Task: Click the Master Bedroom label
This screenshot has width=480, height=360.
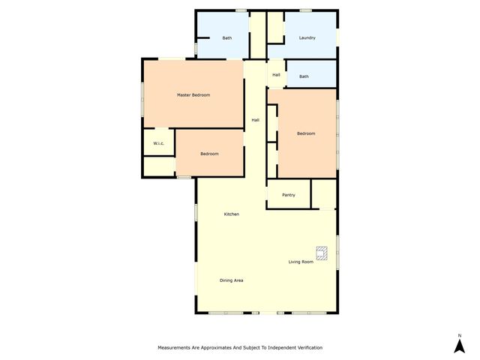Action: click(193, 95)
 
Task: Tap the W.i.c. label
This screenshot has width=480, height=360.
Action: click(159, 142)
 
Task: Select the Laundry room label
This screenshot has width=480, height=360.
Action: click(307, 37)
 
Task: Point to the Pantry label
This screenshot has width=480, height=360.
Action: click(289, 195)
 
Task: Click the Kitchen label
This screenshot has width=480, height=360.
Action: click(232, 214)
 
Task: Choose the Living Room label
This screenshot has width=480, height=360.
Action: click(301, 262)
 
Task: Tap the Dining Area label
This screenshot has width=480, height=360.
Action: click(231, 280)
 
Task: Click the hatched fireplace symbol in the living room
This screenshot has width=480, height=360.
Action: click(322, 253)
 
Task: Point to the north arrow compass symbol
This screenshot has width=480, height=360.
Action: click(459, 346)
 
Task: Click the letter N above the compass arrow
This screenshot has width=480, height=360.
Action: click(459, 335)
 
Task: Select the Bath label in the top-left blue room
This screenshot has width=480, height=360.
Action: click(226, 37)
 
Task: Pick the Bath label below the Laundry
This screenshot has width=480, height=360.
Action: click(304, 76)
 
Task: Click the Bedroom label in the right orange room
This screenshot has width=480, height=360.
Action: click(306, 133)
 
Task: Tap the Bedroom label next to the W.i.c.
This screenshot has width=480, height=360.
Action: click(209, 154)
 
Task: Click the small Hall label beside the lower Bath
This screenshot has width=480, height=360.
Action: click(276, 74)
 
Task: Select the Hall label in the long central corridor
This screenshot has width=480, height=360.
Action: click(255, 120)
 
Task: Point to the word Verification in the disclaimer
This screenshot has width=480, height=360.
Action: click(307, 348)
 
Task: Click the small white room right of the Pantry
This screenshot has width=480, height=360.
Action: click(324, 194)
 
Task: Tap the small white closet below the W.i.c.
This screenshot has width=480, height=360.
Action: click(159, 166)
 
